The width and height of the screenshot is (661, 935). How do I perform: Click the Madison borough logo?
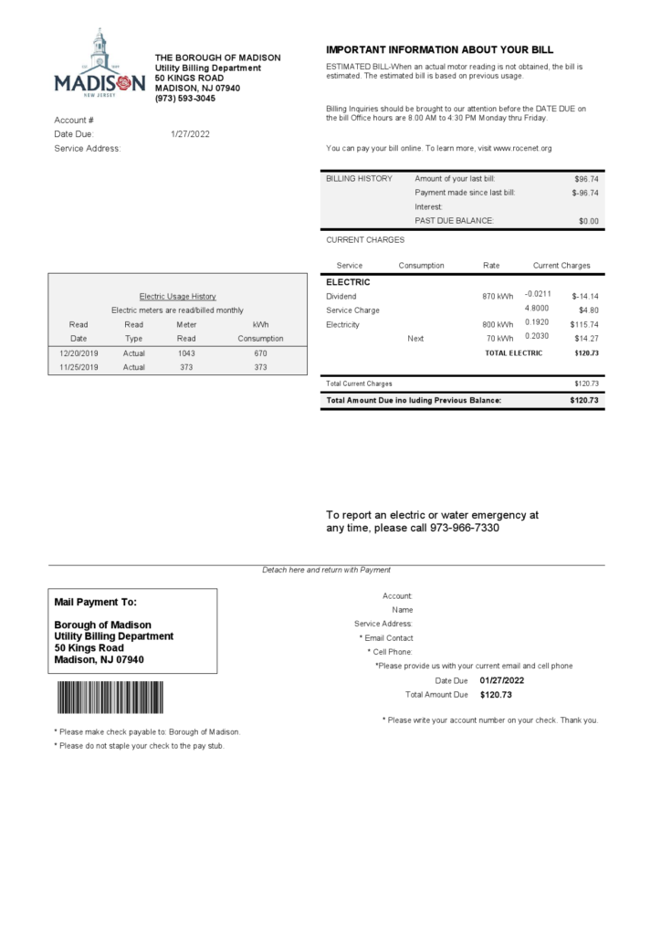click(x=100, y=64)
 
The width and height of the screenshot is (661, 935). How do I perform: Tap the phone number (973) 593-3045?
click(x=185, y=98)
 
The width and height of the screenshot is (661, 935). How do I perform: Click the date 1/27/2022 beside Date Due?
click(x=190, y=134)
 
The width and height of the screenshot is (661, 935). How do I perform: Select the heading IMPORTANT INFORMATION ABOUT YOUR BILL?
click(x=439, y=50)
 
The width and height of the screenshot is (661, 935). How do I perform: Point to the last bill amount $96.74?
click(x=586, y=179)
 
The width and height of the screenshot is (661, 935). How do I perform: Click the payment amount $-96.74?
click(x=585, y=193)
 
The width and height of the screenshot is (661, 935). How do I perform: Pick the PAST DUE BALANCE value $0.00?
click(x=589, y=221)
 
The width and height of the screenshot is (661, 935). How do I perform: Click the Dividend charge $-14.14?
click(x=585, y=297)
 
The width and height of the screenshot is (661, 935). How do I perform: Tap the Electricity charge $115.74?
click(x=584, y=325)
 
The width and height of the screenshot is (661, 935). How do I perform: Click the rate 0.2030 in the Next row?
click(x=538, y=337)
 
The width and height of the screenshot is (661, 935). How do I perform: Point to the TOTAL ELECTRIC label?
click(x=513, y=353)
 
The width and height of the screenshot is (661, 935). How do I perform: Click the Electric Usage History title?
click(x=177, y=297)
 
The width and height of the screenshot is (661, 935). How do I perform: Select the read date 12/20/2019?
click(x=79, y=353)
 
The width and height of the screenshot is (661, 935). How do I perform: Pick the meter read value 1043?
click(x=186, y=353)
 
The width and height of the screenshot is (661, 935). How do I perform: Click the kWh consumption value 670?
click(x=260, y=353)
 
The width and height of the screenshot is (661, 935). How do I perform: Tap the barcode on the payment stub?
click(x=110, y=698)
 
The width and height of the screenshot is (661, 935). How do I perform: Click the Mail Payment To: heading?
click(x=96, y=603)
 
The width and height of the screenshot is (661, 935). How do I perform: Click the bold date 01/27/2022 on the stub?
click(x=501, y=680)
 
